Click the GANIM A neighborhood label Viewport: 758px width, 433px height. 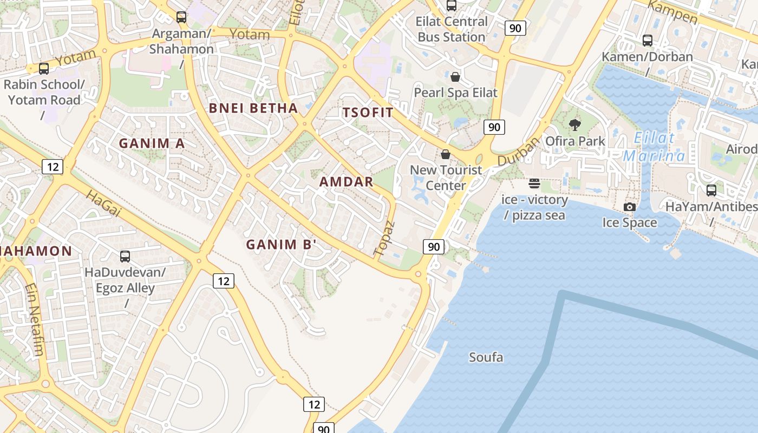click(152, 143)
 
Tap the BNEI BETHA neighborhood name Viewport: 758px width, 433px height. click(253, 108)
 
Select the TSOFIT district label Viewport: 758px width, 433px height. click(368, 113)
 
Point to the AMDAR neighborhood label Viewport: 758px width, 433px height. click(347, 182)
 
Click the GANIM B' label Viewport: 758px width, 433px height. click(282, 245)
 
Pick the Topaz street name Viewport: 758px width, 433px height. click(384, 238)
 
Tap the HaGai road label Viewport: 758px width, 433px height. click(103, 204)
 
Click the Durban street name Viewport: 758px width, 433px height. click(519, 152)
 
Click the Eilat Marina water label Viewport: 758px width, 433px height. click(654, 147)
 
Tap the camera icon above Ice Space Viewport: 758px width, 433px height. click(629, 207)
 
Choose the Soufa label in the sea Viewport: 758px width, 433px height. click(486, 357)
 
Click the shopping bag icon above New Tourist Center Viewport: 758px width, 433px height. click(446, 154)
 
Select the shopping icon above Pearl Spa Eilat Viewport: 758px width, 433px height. click(455, 77)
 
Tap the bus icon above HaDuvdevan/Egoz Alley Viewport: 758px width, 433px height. click(125, 257)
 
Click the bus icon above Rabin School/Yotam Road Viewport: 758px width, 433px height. click(44, 69)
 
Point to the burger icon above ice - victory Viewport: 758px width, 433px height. click(534, 183)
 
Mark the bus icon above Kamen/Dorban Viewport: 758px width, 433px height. click(647, 41)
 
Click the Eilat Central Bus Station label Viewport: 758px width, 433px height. click(452, 29)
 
